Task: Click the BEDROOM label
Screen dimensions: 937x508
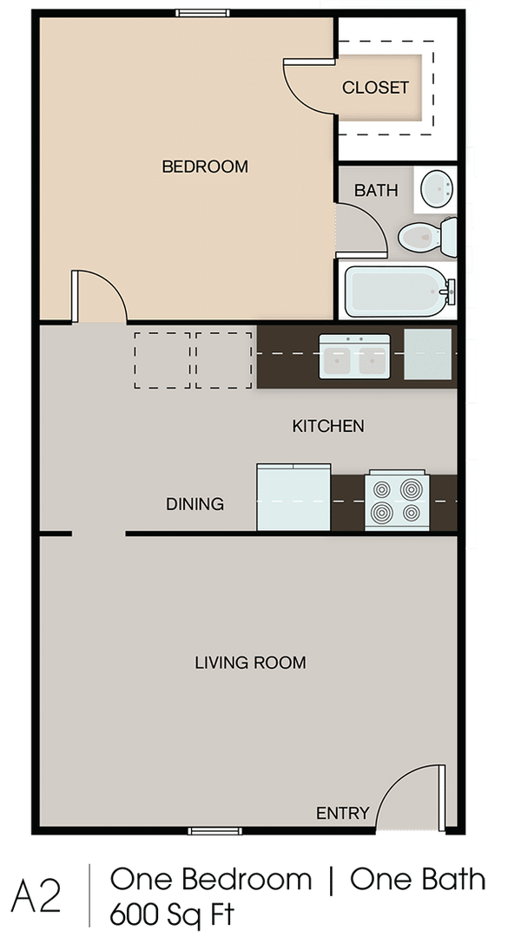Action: [x=205, y=167]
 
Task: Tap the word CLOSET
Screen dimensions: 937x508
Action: [x=375, y=88]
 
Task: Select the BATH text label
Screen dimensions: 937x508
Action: [x=376, y=190]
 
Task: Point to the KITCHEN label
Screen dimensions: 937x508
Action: [x=327, y=426]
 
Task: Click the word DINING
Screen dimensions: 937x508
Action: [x=195, y=504]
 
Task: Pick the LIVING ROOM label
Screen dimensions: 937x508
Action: [x=250, y=663]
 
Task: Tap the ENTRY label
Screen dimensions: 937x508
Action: [x=342, y=813]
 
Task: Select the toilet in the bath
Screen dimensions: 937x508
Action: [x=426, y=234]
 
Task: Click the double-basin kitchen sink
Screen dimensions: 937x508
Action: [x=354, y=356]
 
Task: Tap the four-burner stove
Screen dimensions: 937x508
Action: [x=397, y=501]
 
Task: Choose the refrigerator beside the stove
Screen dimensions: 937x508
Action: [x=294, y=497]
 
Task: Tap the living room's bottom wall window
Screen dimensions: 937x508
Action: [x=215, y=831]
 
